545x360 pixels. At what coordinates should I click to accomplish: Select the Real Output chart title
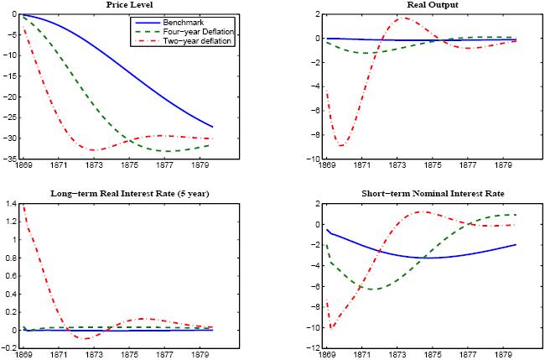coord(419,5)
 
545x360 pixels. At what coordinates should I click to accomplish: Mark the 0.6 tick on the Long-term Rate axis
coord(8,276)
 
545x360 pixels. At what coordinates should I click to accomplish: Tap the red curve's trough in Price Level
coord(95,150)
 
